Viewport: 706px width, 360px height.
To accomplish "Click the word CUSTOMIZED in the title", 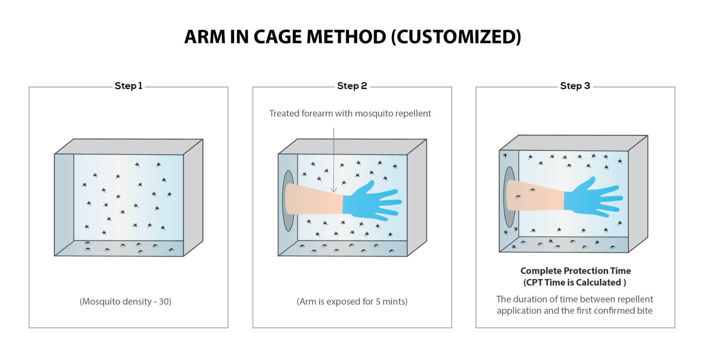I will point(456,37).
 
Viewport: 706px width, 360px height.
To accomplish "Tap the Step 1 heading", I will point(128,86).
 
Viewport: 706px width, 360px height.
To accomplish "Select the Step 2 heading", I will point(352,86).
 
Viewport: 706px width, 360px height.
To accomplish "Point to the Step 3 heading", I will point(575,86).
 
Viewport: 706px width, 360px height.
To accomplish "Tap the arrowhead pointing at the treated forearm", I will point(333,190).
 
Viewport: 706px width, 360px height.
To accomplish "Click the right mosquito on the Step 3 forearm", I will point(533,190).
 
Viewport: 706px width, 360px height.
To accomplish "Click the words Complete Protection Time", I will point(575,271).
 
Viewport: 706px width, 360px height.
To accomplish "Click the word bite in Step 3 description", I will point(645,311).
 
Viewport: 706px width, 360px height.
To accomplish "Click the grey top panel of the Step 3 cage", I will point(572,143).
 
